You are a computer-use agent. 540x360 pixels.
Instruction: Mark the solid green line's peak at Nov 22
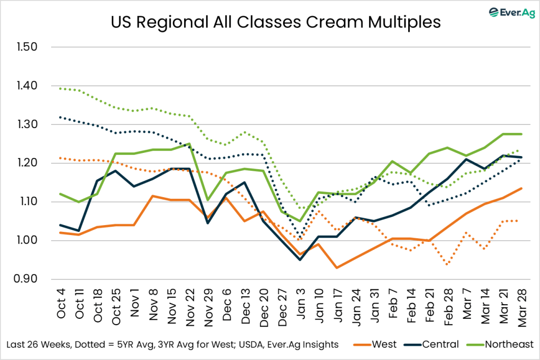coord(190,143)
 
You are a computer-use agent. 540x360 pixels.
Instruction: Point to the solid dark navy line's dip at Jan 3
coord(300,260)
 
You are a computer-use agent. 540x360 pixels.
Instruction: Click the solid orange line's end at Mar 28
coord(521,188)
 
